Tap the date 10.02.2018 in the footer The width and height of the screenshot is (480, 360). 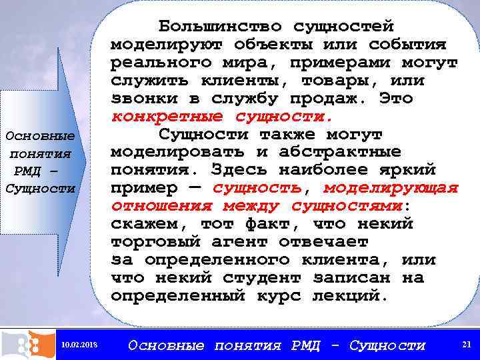tap(79, 345)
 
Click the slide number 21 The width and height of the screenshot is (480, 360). tap(466, 344)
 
